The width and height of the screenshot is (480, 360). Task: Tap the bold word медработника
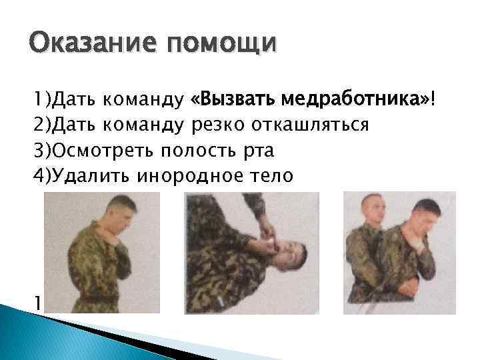click(356, 100)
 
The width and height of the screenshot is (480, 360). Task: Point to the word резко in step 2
click(218, 125)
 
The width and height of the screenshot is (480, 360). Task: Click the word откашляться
click(310, 125)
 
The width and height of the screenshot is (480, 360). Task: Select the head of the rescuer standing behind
click(375, 209)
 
